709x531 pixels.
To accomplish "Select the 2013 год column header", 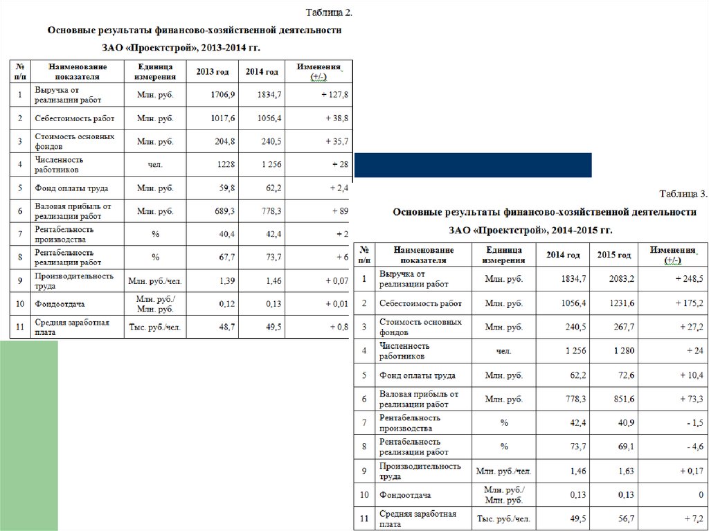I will click(x=213, y=71).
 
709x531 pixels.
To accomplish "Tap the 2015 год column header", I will click(x=614, y=255).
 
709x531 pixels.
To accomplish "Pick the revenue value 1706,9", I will click(x=223, y=94).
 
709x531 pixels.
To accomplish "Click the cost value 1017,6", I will click(x=223, y=118).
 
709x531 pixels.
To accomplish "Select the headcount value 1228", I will click(x=226, y=164).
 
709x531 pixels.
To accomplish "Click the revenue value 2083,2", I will click(x=621, y=278).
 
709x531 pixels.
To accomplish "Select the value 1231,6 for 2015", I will click(x=621, y=303).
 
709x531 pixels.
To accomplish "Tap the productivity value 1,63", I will click(x=625, y=471).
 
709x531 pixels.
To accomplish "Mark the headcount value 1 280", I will click(x=624, y=351).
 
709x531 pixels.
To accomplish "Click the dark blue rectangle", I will click(x=473, y=165).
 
